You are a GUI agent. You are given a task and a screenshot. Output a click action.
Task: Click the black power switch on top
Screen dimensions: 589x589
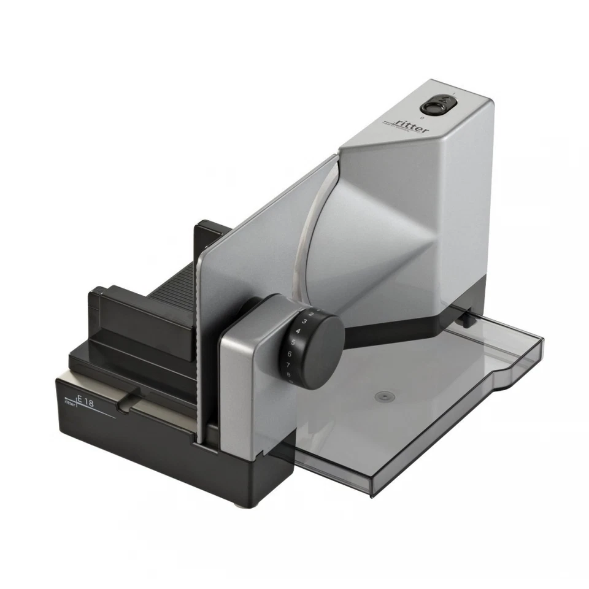coord(434,106)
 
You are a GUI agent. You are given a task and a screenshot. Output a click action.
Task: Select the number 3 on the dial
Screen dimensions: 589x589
coord(304,321)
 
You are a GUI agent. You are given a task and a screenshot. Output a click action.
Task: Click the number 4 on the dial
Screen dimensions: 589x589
coord(298,331)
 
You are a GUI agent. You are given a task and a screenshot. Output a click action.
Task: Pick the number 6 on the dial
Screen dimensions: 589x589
coord(290,354)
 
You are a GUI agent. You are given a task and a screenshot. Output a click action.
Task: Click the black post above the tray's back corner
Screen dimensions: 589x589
coord(468,317)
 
